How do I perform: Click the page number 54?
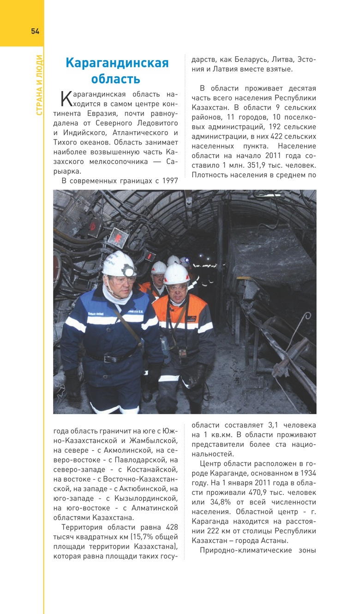coord(35,31)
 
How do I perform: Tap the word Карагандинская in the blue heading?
coord(117,63)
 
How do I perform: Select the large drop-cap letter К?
coord(66,98)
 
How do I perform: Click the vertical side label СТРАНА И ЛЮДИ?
coord(39,85)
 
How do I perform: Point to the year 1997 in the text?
coord(169,181)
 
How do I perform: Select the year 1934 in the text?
coord(306,473)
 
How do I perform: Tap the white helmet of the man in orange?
coord(176,274)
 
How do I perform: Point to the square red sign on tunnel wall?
coord(119,237)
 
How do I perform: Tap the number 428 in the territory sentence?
coord(171,527)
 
